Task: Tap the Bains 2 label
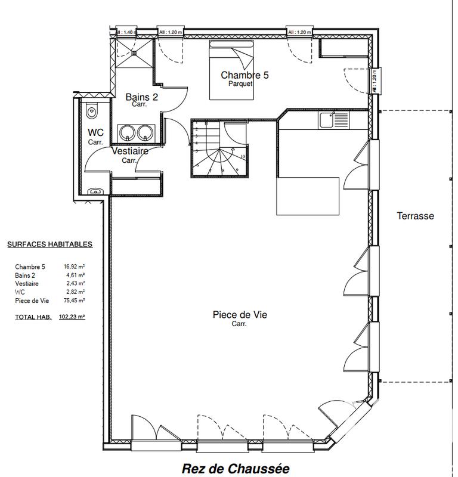click(x=141, y=97)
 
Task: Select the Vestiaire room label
click(x=130, y=151)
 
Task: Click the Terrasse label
click(x=415, y=216)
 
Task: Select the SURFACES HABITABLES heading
click(x=49, y=244)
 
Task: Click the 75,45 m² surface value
click(x=74, y=301)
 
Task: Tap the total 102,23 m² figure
click(x=72, y=317)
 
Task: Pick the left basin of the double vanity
click(x=127, y=132)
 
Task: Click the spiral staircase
click(x=218, y=150)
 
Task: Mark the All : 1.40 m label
click(x=126, y=32)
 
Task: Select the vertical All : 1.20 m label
click(x=375, y=81)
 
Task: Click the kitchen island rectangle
click(x=308, y=196)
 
